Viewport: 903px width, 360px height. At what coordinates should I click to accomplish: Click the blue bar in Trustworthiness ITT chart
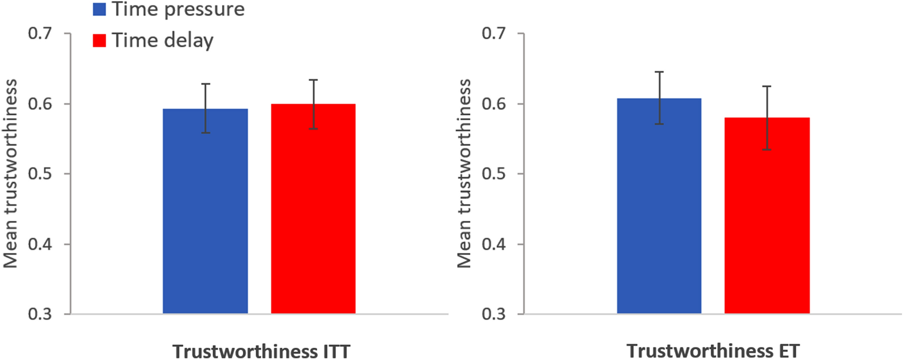click(x=205, y=214)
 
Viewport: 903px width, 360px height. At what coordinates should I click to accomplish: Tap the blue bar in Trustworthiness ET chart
click(x=659, y=209)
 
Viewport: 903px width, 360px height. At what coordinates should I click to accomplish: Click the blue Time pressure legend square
click(x=99, y=9)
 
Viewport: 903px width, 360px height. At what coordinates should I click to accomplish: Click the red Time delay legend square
click(x=99, y=40)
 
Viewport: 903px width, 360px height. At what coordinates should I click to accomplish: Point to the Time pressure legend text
click(x=178, y=9)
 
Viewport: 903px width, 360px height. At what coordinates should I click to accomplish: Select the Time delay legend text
click(x=163, y=40)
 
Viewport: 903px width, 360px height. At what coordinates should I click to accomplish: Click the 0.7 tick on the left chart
click(x=40, y=34)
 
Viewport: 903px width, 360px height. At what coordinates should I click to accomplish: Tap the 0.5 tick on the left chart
click(x=40, y=174)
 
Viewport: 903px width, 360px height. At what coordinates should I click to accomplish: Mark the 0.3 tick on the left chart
click(x=40, y=314)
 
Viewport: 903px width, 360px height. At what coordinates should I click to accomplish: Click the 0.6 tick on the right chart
click(x=493, y=104)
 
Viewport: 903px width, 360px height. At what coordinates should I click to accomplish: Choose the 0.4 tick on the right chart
click(x=493, y=244)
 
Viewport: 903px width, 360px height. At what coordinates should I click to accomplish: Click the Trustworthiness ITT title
click(x=261, y=351)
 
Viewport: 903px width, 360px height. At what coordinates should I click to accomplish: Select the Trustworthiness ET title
click(x=713, y=351)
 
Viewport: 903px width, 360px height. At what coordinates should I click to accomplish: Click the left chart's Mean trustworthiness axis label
click(x=10, y=173)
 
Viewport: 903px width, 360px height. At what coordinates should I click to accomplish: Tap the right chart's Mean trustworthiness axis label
click(x=464, y=173)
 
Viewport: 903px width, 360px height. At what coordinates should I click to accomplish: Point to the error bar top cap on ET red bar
click(x=767, y=86)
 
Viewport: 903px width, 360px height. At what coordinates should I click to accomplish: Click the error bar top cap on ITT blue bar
click(x=205, y=84)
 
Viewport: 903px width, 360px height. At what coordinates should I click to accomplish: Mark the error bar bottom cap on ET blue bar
click(x=659, y=124)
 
